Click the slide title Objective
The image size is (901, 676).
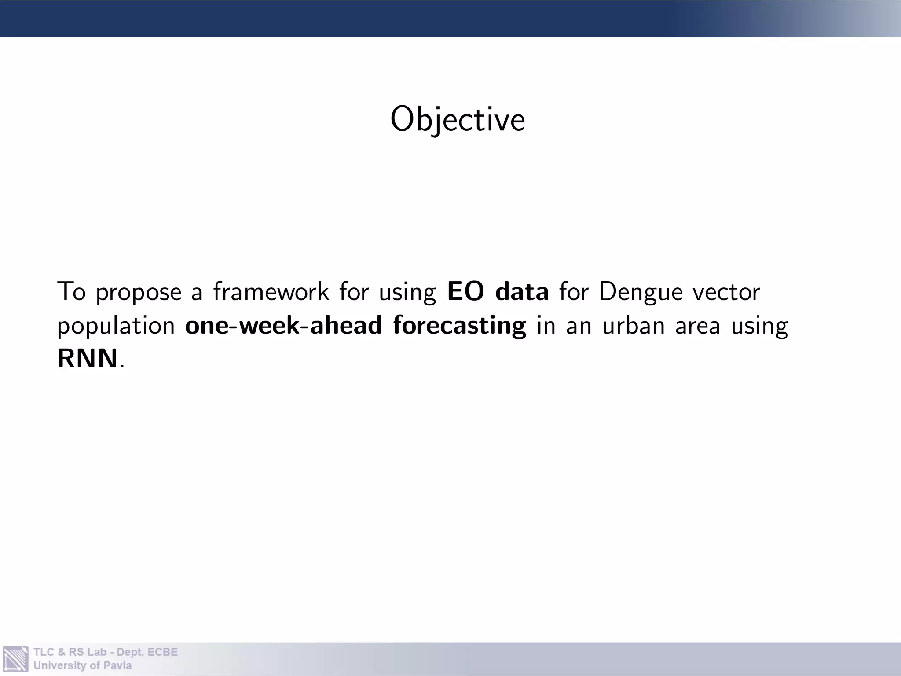coord(458,119)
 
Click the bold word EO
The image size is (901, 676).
coord(465,291)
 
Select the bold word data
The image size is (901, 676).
coord(522,291)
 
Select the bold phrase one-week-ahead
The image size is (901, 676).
coord(283,325)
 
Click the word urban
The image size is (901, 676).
coord(633,326)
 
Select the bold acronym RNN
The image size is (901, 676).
coord(88,358)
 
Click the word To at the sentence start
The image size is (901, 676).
coord(71,291)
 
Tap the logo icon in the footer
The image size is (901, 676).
coord(15,659)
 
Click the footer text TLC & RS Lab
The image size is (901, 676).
coord(70,652)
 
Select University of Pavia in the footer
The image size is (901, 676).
coord(82,665)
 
